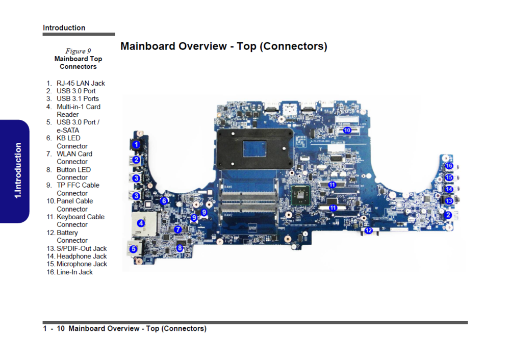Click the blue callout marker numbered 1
coord(136,145)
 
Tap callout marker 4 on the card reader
coord(141,223)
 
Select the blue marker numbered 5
coord(133,249)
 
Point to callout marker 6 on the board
coord(164,201)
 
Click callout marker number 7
coord(177,229)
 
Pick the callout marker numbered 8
coord(180,248)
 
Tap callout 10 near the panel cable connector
coord(347,130)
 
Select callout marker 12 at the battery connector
coord(368,230)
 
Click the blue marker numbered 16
coord(449,166)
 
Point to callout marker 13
coord(449,201)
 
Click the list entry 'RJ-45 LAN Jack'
coord(81,83)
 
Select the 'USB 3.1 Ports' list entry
coord(78,98)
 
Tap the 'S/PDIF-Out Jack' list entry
coord(82,248)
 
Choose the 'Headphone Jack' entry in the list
coord(82,256)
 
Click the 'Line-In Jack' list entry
coord(74,272)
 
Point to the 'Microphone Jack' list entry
coord(82,264)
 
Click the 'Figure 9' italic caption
coord(78,51)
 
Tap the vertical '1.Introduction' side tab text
coord(18,171)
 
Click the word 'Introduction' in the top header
coord(64,28)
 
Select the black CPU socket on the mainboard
coord(250,147)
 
